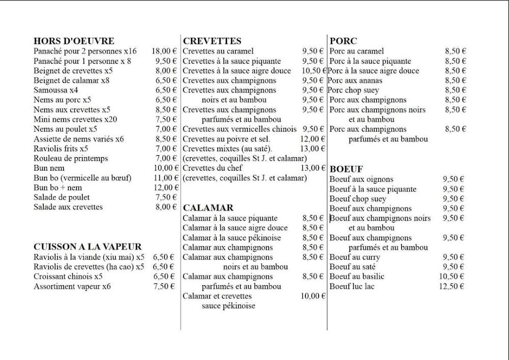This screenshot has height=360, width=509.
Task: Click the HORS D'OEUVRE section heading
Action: click(x=74, y=41)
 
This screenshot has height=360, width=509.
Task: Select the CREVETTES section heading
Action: click(x=212, y=41)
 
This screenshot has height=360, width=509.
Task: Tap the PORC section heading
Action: click(x=344, y=41)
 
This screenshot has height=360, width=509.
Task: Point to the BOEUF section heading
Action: click(x=346, y=169)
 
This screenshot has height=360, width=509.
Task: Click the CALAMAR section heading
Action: click(x=208, y=208)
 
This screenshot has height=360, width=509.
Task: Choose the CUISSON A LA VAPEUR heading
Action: click(x=88, y=247)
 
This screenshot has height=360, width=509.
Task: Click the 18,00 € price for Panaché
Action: click(x=164, y=51)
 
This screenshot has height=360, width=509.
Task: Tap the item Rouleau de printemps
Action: click(x=71, y=158)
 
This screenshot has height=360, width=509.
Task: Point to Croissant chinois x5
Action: click(x=68, y=276)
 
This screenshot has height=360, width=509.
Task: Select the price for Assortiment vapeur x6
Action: click(x=164, y=286)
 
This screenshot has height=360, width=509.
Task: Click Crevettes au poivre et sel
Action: click(x=227, y=139)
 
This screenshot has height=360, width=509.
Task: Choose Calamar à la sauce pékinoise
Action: click(x=232, y=238)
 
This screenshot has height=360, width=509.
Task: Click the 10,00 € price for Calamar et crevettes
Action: click(x=313, y=296)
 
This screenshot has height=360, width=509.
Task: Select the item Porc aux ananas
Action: click(x=355, y=80)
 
